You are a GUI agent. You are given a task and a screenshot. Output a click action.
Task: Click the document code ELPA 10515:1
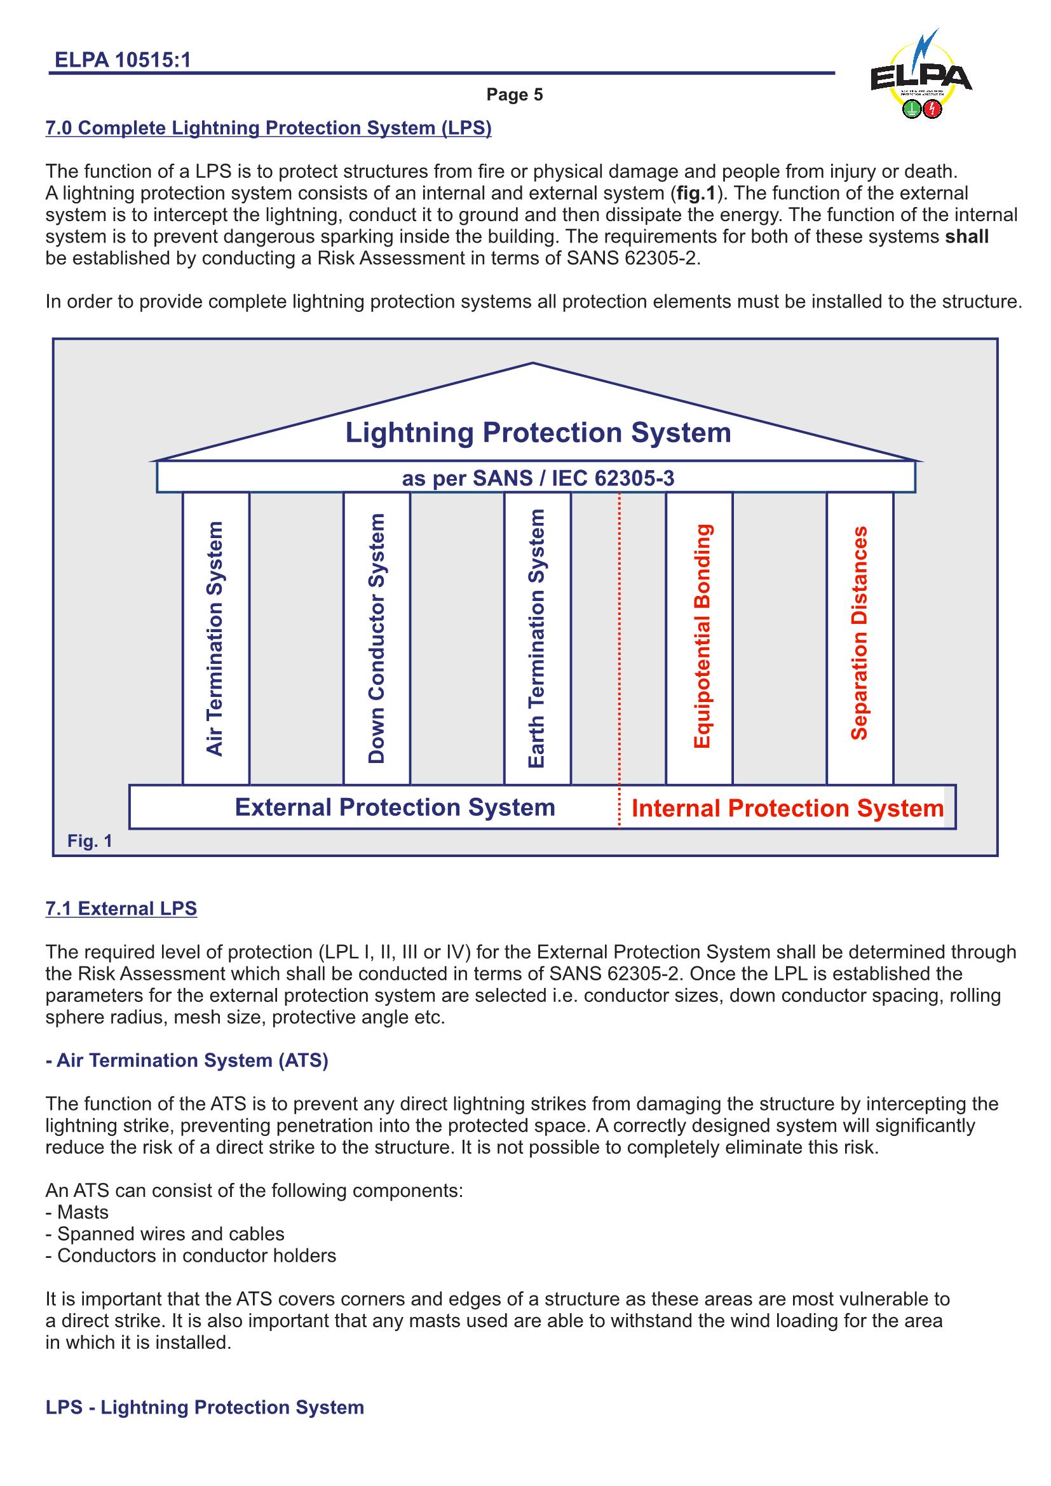[x=123, y=60]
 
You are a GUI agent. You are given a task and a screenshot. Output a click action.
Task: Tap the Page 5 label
[x=515, y=95]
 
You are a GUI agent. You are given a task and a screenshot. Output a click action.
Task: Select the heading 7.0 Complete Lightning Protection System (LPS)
[x=268, y=128]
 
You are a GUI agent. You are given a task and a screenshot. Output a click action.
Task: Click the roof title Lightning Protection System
[x=538, y=433]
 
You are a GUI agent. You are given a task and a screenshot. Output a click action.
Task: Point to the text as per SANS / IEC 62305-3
[x=538, y=478]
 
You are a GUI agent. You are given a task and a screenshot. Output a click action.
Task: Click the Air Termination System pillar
[x=215, y=638]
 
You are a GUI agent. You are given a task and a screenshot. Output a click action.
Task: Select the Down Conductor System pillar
[x=377, y=638]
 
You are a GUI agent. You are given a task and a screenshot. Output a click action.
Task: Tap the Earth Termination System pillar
[x=537, y=638]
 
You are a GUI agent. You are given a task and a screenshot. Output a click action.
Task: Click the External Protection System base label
[x=395, y=807]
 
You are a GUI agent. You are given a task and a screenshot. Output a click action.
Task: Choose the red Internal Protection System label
[x=787, y=808]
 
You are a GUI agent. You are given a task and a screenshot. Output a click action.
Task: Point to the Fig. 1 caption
[x=90, y=841]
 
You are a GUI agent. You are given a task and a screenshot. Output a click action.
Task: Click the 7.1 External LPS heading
[x=121, y=908]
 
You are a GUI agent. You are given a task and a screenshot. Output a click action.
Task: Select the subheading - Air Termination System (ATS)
[x=187, y=1060]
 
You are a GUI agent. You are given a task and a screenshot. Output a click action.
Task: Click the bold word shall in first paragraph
[x=966, y=236]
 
